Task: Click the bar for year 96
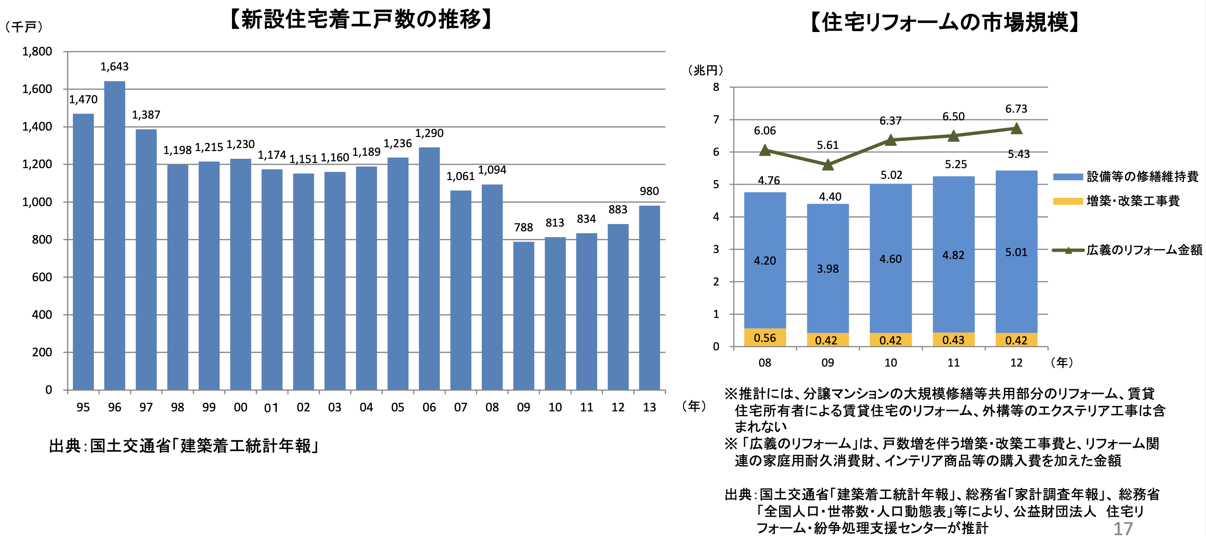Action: (x=115, y=234)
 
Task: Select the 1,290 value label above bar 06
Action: (x=429, y=134)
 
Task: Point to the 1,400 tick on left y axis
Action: (x=37, y=127)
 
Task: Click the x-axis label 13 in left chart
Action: (x=649, y=407)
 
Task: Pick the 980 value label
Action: (x=649, y=191)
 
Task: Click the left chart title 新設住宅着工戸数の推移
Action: (x=362, y=20)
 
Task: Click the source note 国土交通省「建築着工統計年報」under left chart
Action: (x=184, y=446)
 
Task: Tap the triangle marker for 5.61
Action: (x=828, y=165)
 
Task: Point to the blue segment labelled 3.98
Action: (x=828, y=268)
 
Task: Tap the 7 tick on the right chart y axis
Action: (x=716, y=120)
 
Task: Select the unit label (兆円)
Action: (x=705, y=71)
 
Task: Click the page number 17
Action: (x=1123, y=528)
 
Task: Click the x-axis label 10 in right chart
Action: (x=890, y=363)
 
